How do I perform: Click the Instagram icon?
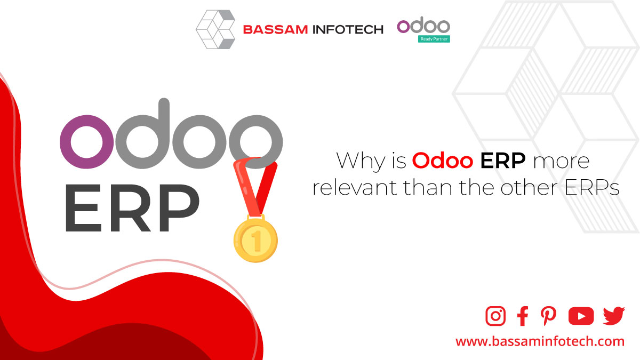(x=495, y=316)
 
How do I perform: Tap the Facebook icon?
(x=523, y=316)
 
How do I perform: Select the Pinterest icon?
(x=548, y=316)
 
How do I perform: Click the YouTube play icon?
(x=581, y=316)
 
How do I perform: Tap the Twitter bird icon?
(x=614, y=316)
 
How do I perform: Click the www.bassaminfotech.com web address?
(x=540, y=341)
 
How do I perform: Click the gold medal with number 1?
(x=255, y=239)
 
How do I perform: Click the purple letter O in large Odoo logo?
(x=86, y=142)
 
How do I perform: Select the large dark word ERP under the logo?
(x=133, y=207)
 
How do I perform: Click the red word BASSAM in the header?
(x=275, y=29)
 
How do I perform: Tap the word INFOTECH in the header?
(x=348, y=29)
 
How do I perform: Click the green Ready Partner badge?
(x=434, y=39)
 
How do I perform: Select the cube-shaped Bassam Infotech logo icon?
(x=215, y=29)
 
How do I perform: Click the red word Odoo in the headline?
(x=443, y=161)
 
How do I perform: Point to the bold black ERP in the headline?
(x=503, y=161)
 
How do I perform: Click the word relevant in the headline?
(x=355, y=187)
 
